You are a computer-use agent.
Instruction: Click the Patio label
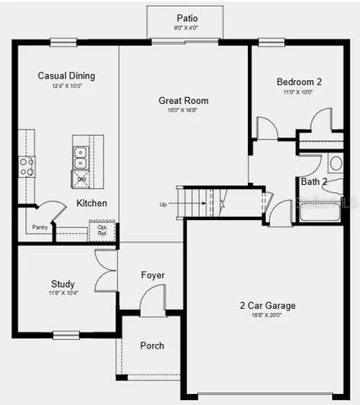[x=187, y=18]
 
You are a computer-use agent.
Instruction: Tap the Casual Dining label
[x=67, y=76]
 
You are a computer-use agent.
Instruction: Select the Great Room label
[x=184, y=100]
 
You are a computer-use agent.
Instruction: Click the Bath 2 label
[x=314, y=181]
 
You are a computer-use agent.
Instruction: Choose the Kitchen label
[x=91, y=203]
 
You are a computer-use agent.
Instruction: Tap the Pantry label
[x=39, y=227]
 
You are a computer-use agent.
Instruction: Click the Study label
[x=62, y=284]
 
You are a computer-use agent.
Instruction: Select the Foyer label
[x=153, y=276]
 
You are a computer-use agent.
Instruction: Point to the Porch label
[x=152, y=346]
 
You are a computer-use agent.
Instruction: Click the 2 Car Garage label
[x=266, y=305]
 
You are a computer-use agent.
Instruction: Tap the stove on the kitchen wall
[x=26, y=165]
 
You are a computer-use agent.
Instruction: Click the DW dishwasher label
[x=82, y=179]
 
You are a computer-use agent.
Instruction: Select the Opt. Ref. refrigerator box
[x=101, y=229]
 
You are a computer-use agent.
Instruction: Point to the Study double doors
[x=105, y=272]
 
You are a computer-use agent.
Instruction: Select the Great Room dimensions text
[x=184, y=111]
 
